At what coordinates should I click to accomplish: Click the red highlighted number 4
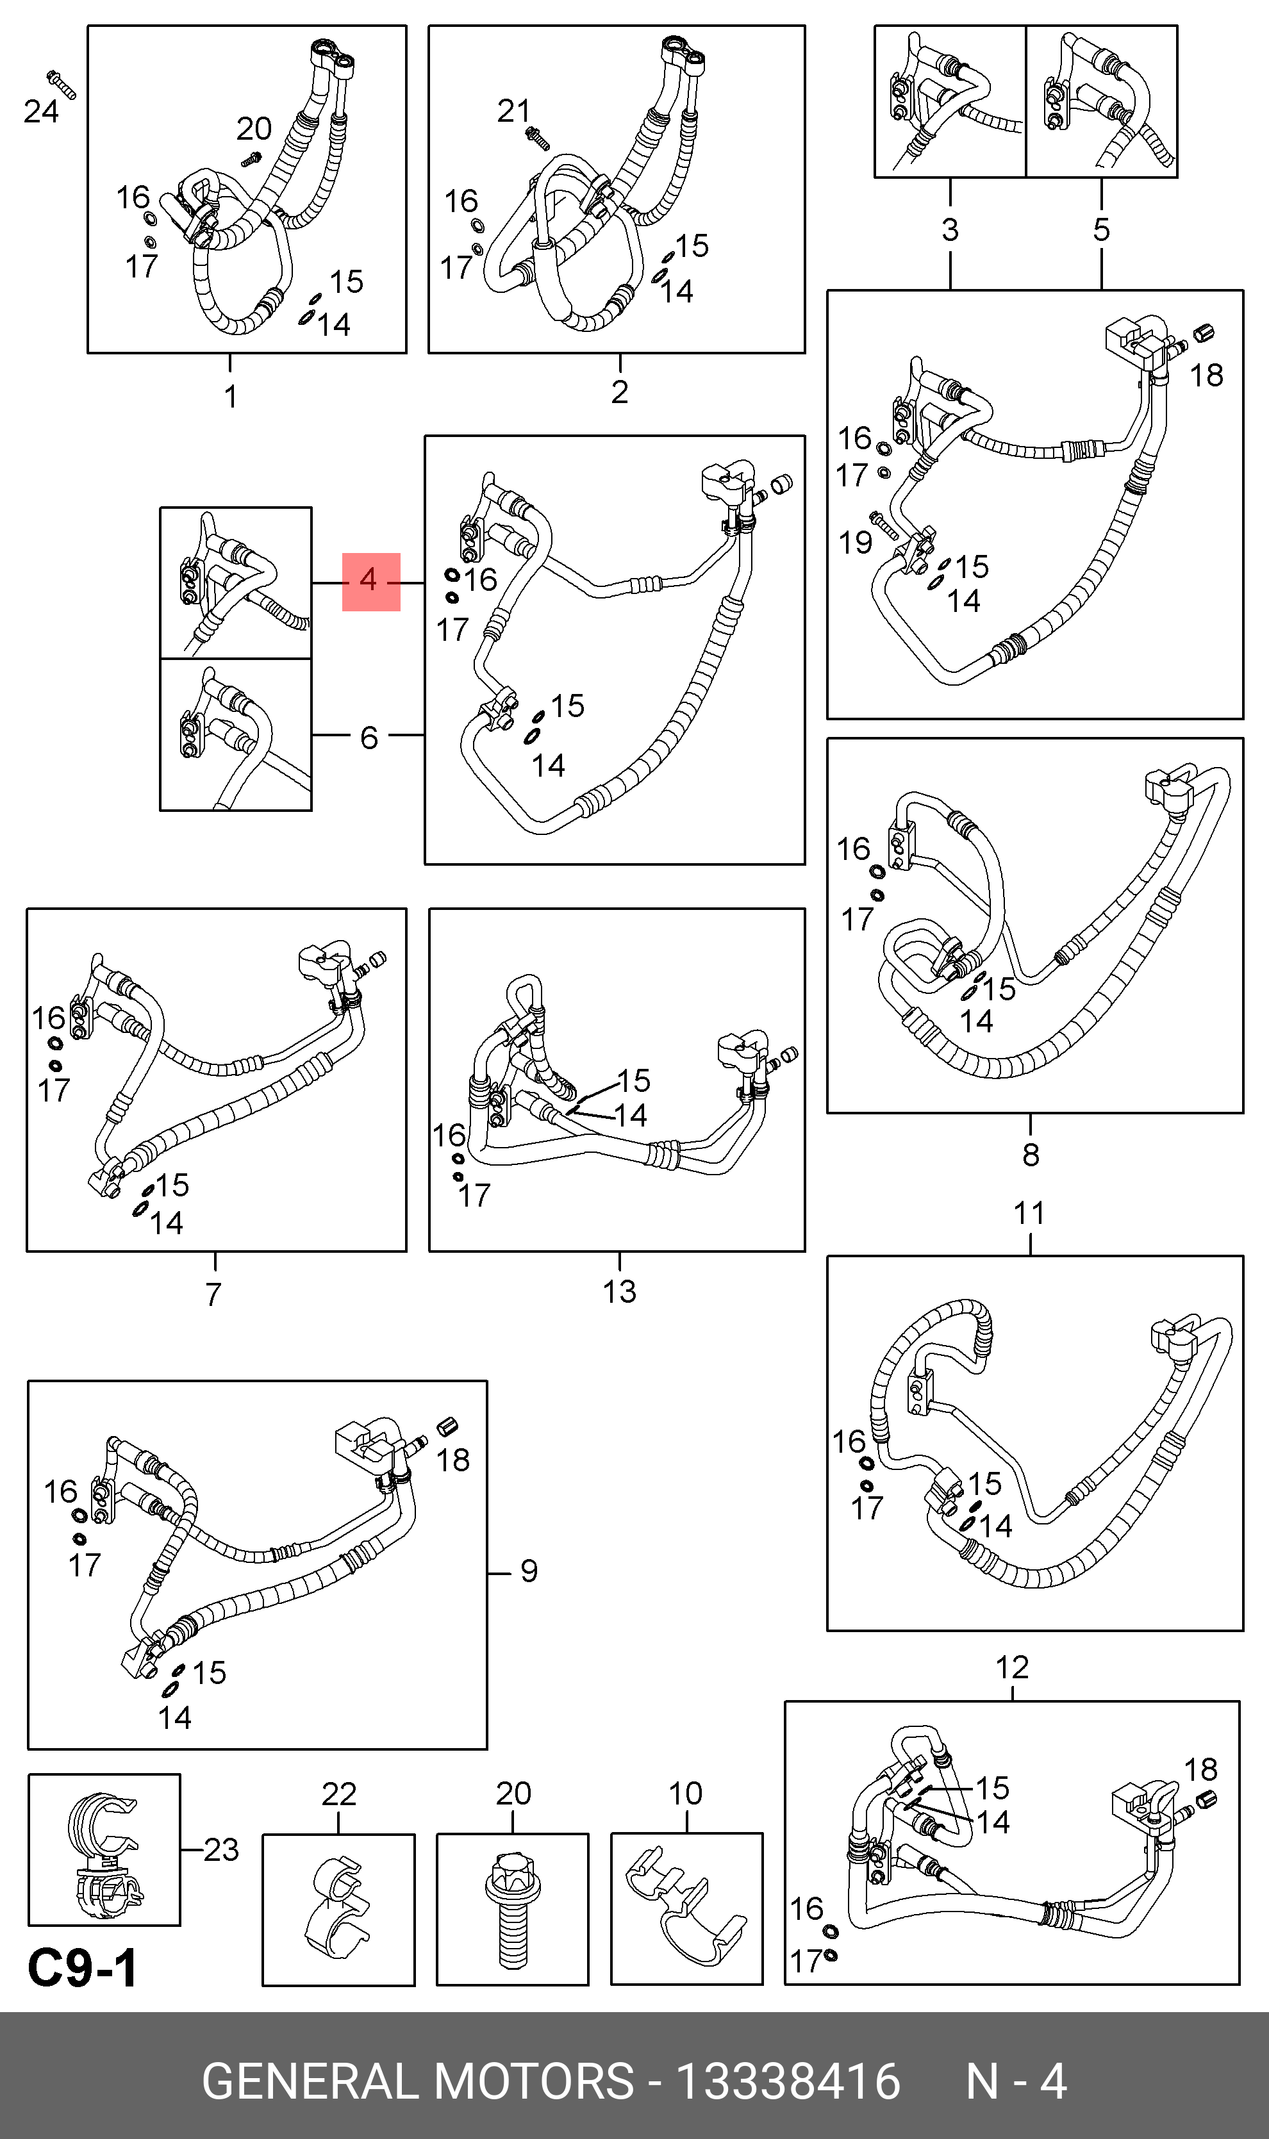point(369,581)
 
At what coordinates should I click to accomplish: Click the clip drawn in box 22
point(338,1908)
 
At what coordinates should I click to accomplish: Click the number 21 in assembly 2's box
point(513,111)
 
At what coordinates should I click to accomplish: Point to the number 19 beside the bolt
point(855,542)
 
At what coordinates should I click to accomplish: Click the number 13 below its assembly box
point(619,1292)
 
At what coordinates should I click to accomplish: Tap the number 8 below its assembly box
point(1031,1155)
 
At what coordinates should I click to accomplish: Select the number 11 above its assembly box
point(1029,1213)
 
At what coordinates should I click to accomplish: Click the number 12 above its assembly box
point(1011,1667)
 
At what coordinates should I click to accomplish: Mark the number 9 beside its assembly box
point(529,1571)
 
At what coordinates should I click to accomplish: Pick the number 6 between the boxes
point(369,738)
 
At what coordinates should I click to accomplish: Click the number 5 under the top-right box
point(1101,229)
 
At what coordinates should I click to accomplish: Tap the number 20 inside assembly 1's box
point(253,129)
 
